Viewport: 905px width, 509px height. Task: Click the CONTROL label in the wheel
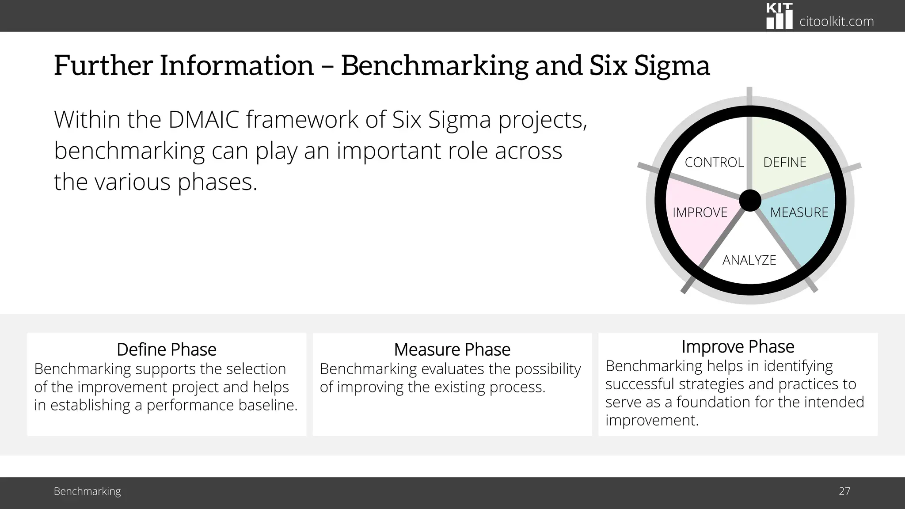[714, 163]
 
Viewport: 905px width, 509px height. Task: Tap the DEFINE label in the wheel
[785, 163]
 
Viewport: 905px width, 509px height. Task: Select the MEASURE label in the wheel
[799, 213]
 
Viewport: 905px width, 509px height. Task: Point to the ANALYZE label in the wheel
[749, 260]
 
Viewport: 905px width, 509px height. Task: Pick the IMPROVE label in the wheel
[700, 213]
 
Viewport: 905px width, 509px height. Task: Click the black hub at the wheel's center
[750, 201]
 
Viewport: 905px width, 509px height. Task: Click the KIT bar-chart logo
[780, 16]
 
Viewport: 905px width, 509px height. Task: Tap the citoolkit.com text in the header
[837, 21]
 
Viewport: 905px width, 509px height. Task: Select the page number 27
[844, 491]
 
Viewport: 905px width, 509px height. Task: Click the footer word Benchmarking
[87, 491]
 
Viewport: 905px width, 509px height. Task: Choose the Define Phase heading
[167, 349]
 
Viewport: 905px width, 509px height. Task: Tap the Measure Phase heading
[452, 349]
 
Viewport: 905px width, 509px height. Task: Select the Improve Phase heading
[738, 347]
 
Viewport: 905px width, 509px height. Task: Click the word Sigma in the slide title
[672, 65]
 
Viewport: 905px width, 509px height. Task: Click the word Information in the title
[236, 65]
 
